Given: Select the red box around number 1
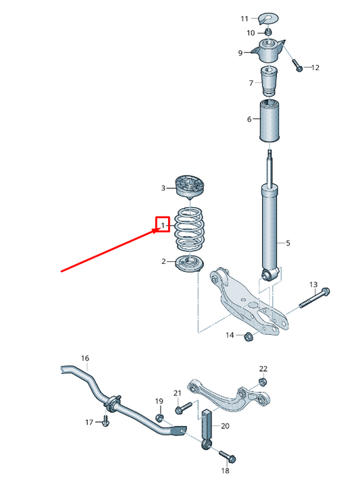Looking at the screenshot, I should (x=162, y=224).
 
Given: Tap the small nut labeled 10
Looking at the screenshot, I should (x=268, y=31).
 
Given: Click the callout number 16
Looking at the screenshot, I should (x=84, y=358).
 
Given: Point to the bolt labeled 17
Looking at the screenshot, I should (x=105, y=422).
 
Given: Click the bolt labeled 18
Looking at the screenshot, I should (x=224, y=456).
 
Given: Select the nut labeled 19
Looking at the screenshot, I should (x=160, y=418).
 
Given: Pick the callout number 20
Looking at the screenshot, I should (x=225, y=426).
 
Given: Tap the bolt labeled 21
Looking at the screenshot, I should (x=181, y=409).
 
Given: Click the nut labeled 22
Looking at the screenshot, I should (x=263, y=381).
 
